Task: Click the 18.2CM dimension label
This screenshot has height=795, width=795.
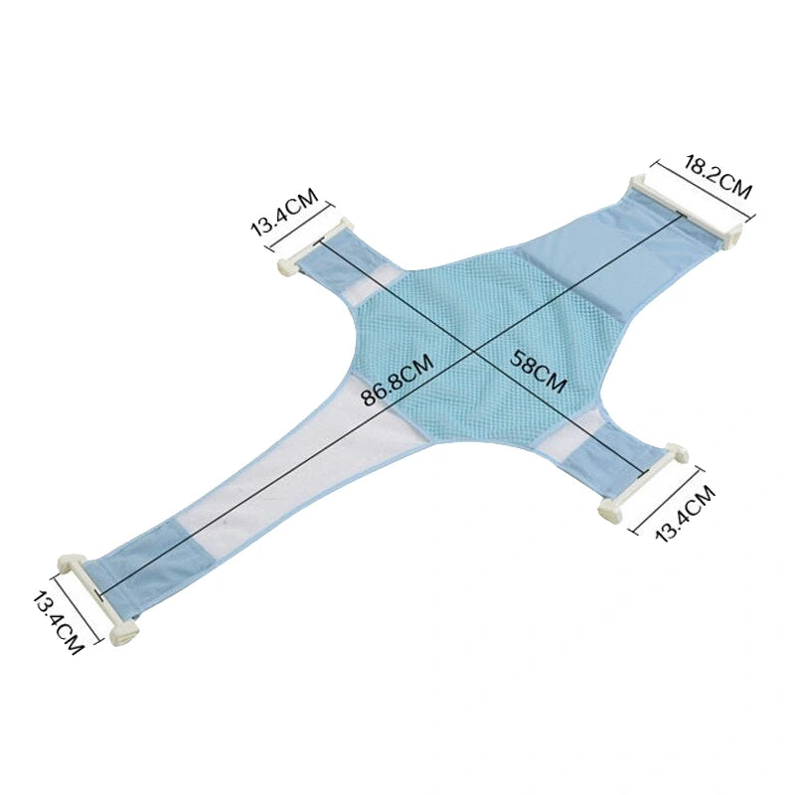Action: (717, 178)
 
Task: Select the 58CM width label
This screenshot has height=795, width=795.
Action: (538, 371)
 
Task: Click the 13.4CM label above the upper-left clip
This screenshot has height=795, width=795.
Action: (284, 212)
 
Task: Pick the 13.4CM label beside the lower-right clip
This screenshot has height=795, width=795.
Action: (684, 514)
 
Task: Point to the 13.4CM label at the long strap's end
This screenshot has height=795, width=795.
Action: (57, 621)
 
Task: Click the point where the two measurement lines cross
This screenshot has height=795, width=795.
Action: (474, 351)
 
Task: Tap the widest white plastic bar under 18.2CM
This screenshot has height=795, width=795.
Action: (687, 212)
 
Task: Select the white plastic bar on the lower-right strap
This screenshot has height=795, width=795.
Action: (643, 483)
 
